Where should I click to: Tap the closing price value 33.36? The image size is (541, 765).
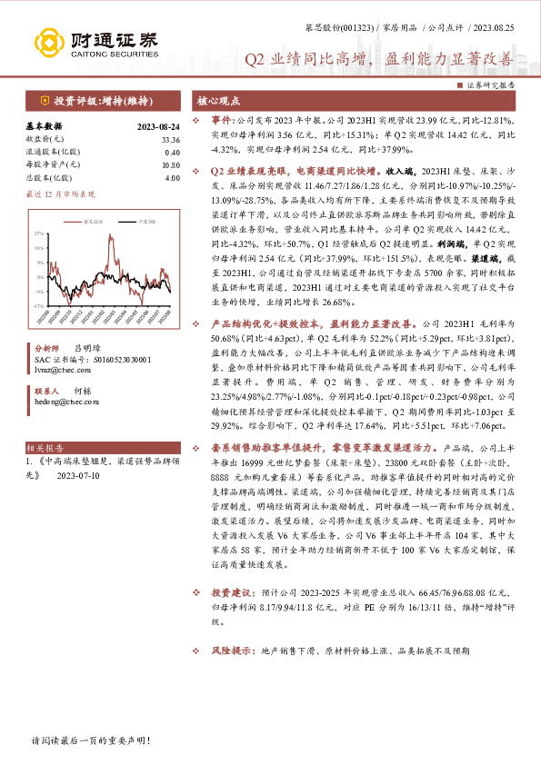(x=170, y=139)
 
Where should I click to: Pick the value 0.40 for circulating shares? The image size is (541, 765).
(x=173, y=152)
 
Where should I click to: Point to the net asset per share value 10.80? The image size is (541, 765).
(x=170, y=164)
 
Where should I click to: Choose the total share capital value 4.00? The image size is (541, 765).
(x=173, y=177)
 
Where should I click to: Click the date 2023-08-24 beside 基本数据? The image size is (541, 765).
(x=157, y=126)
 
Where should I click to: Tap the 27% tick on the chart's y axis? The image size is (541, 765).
(x=39, y=233)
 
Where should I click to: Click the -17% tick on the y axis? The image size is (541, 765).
(x=38, y=306)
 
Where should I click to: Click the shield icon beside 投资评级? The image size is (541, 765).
(x=43, y=100)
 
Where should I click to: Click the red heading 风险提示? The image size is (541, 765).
(x=231, y=651)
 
